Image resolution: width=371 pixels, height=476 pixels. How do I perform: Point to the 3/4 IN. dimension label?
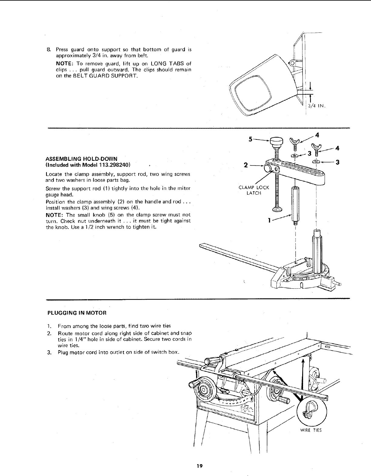(316, 106)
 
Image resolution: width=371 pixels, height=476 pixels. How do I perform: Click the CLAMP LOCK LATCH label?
(254, 190)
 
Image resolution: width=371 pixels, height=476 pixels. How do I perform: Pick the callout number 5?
(250, 139)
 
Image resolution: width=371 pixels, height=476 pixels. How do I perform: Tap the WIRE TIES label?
(311, 430)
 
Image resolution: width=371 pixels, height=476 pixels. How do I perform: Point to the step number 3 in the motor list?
(48, 352)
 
